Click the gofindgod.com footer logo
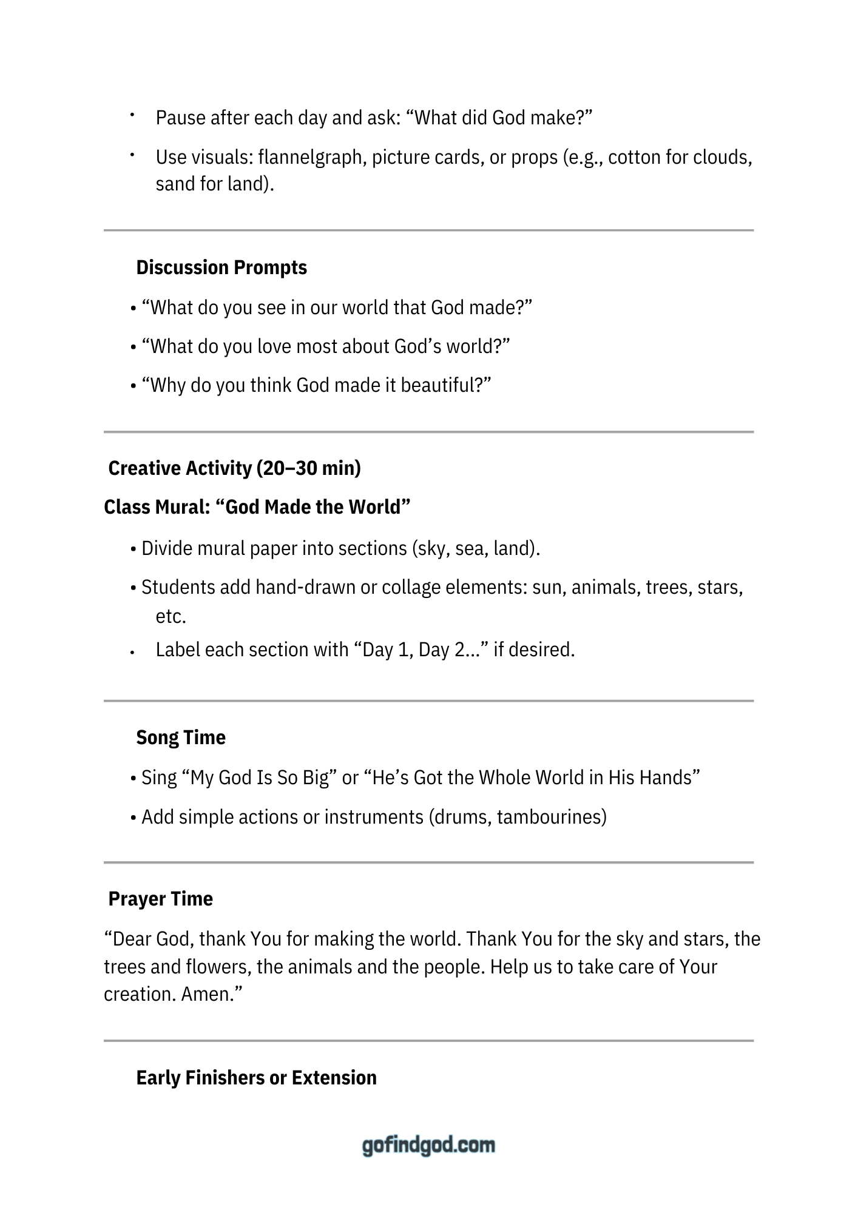[428, 1145]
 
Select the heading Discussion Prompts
[221, 267]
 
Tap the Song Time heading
[181, 738]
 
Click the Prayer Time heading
[160, 899]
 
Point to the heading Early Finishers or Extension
[256, 1078]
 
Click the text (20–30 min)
[309, 468]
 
